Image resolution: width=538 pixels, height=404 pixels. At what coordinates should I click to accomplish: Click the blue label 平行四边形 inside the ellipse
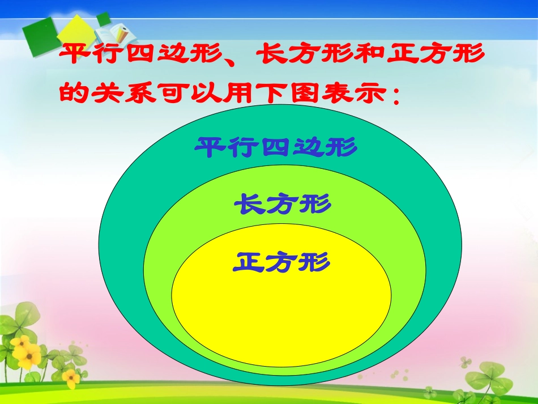point(276,148)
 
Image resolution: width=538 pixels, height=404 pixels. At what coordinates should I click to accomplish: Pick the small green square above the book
point(104,19)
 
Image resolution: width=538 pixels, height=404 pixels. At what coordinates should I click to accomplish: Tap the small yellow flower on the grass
point(70,377)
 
